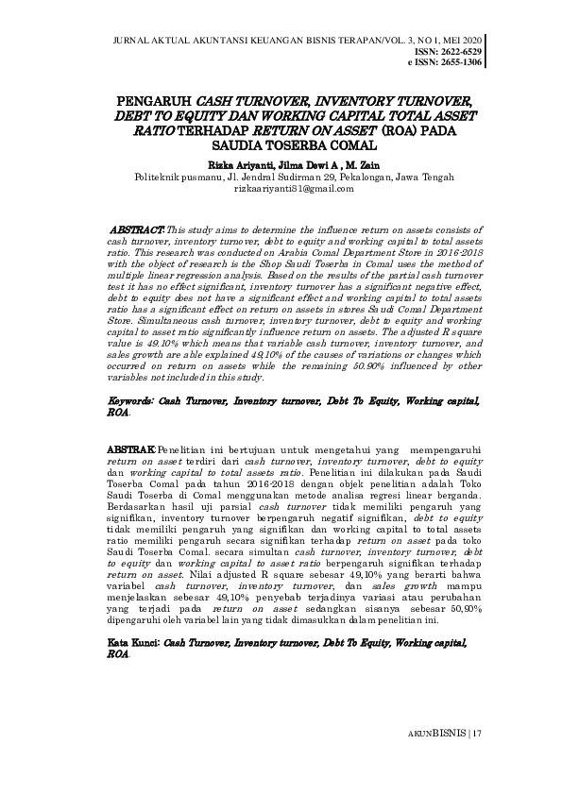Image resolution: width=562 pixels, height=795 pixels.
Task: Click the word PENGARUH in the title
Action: [155, 99]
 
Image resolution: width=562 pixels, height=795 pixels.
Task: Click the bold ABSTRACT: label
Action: [138, 229]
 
